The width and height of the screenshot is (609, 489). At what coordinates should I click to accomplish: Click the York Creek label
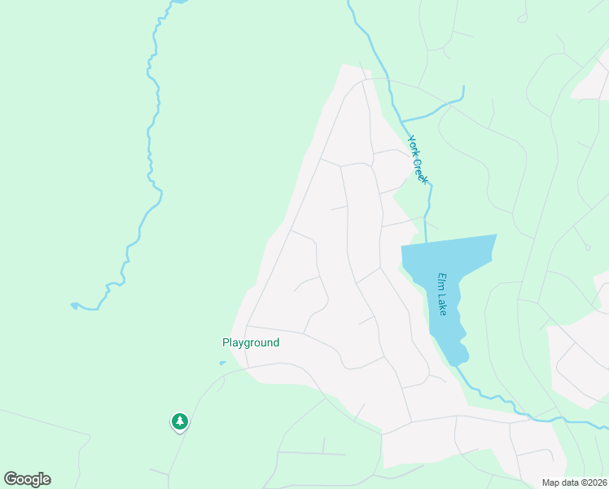coord(418,159)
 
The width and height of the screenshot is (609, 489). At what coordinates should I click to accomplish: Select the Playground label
coord(251,343)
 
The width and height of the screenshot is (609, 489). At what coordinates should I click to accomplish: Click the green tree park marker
coord(180,421)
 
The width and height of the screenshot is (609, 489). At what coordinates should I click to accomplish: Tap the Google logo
coord(27,479)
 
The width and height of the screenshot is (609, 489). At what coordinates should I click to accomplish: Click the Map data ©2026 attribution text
coord(575,482)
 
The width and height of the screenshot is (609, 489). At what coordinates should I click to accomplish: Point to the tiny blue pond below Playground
coord(222,363)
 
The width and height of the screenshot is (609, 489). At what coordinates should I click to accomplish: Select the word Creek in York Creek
coord(421,169)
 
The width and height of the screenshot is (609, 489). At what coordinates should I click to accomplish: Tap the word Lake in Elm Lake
coord(441,303)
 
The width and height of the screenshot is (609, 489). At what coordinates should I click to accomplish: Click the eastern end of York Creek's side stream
coord(463,87)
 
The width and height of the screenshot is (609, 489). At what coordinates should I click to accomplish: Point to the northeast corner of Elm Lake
coord(496,236)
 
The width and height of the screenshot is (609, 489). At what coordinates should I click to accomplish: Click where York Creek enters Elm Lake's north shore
coord(426,242)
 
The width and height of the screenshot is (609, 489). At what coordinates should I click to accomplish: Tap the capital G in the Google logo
coord(11,479)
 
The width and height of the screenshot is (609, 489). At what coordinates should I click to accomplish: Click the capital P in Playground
coord(226,343)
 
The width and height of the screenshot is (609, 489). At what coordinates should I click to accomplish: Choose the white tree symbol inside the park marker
coord(180,421)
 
